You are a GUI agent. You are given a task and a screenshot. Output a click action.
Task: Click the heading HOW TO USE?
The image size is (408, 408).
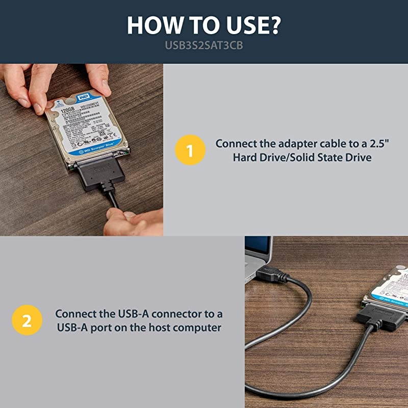click(x=203, y=25)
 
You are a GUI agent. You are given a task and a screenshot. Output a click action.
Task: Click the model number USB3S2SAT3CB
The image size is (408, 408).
click(x=203, y=45)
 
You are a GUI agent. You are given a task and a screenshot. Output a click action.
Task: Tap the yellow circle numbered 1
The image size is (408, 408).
click(x=189, y=151)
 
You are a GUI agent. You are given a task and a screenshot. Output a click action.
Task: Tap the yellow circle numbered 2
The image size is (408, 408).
click(x=27, y=321)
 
